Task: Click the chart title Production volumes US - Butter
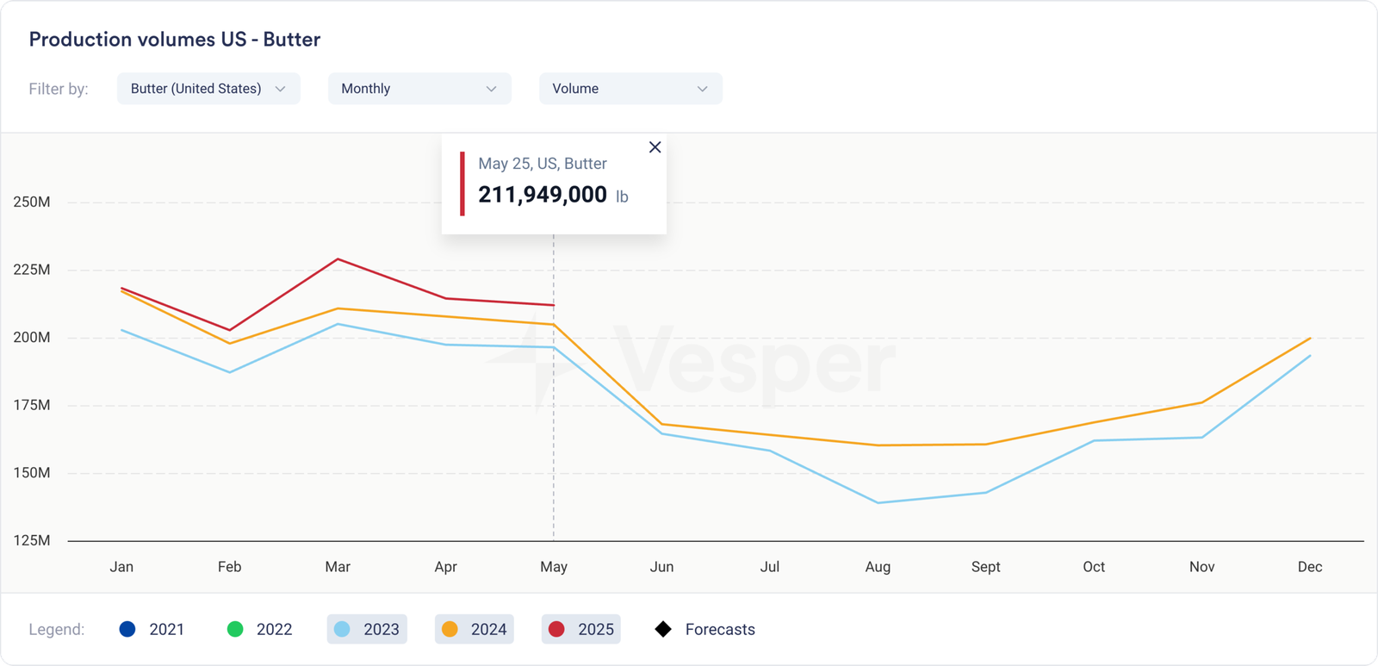click(x=175, y=40)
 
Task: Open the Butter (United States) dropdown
click(x=208, y=89)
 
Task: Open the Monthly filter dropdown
click(x=419, y=89)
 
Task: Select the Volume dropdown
click(x=630, y=89)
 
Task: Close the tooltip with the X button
click(x=655, y=147)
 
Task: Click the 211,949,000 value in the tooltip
click(x=543, y=195)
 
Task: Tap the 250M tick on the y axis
click(x=32, y=202)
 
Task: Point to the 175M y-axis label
click(x=32, y=405)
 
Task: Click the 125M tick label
click(x=32, y=540)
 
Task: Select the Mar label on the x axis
click(x=338, y=567)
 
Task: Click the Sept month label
click(x=985, y=567)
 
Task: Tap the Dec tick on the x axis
click(x=1309, y=567)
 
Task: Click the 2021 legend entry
click(x=152, y=629)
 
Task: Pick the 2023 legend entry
click(x=367, y=629)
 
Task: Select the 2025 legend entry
click(x=581, y=629)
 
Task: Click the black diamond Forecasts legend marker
click(x=663, y=629)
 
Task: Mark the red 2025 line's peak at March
click(x=338, y=258)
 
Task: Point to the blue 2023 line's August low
click(x=878, y=502)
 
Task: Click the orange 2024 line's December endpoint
click(x=1310, y=338)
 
